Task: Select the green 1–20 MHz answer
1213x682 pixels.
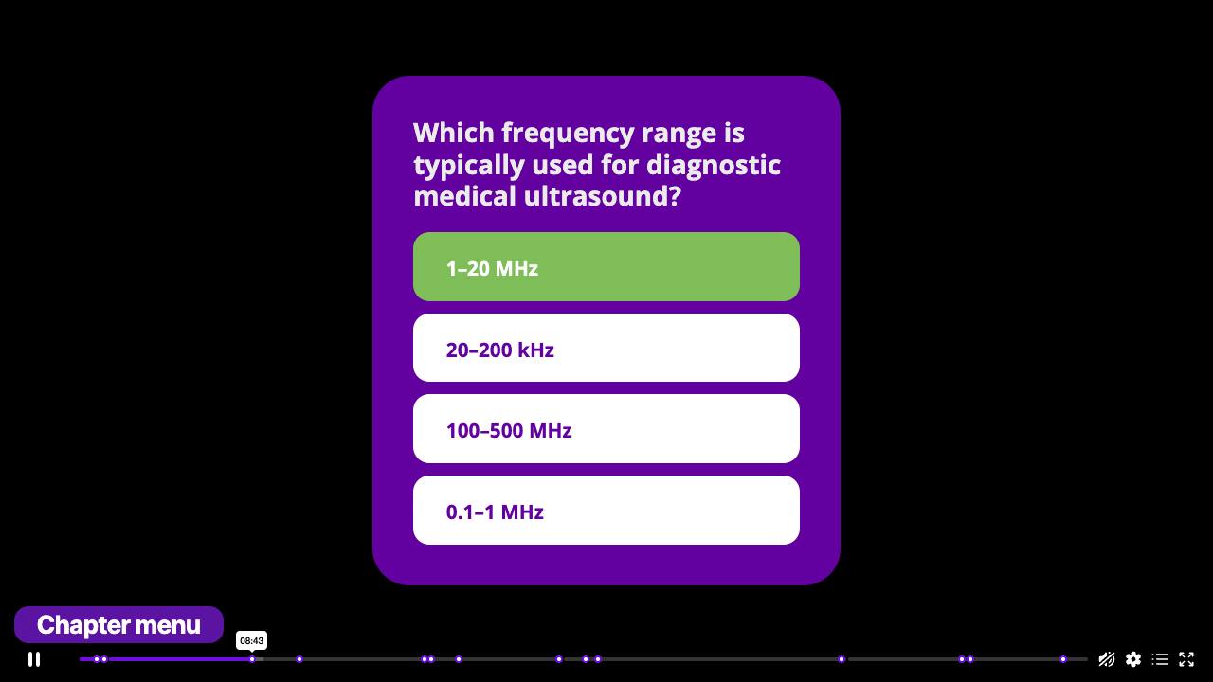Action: [606, 267]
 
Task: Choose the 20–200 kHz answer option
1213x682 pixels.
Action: [606, 348]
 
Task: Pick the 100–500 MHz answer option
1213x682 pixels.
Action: [606, 429]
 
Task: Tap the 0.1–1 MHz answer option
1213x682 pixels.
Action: [606, 511]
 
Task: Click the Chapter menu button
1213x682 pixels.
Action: [118, 624]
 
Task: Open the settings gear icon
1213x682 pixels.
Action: [1132, 659]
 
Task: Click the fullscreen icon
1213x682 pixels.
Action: [1186, 659]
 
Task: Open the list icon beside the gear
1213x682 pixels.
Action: [1159, 659]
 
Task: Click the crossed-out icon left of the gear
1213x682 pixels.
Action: [1106, 659]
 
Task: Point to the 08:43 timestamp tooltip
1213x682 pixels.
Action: [252, 641]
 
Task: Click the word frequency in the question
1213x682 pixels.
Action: [567, 134]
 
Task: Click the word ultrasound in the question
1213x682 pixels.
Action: [602, 196]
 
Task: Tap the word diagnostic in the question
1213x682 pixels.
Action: [714, 165]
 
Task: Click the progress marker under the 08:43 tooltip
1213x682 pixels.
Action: [252, 659]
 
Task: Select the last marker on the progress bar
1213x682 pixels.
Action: [1063, 659]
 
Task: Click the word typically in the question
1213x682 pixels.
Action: [468, 165]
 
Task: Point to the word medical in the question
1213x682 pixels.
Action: [464, 196]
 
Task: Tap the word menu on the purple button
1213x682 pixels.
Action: [168, 625]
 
